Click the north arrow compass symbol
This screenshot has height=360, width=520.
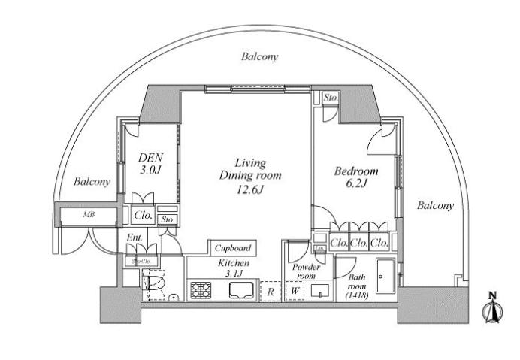point(492,308)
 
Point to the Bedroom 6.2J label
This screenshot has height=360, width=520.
point(356,177)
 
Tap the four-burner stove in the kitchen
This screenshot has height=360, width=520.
point(202,289)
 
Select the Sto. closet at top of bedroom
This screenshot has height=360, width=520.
point(330,98)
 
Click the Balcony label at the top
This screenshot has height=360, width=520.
point(260,56)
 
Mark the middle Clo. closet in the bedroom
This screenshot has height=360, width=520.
point(359,242)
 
